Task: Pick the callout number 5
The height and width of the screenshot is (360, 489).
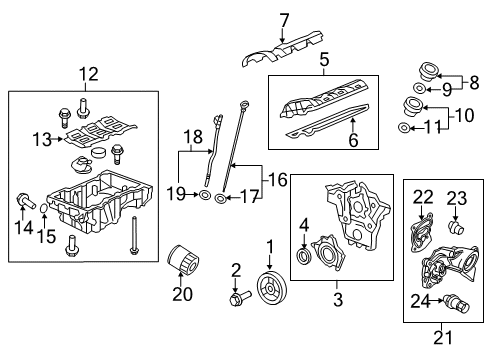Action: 323,59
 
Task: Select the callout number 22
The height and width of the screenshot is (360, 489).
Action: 423,197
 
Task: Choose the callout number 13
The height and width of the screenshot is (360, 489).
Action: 40,138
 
